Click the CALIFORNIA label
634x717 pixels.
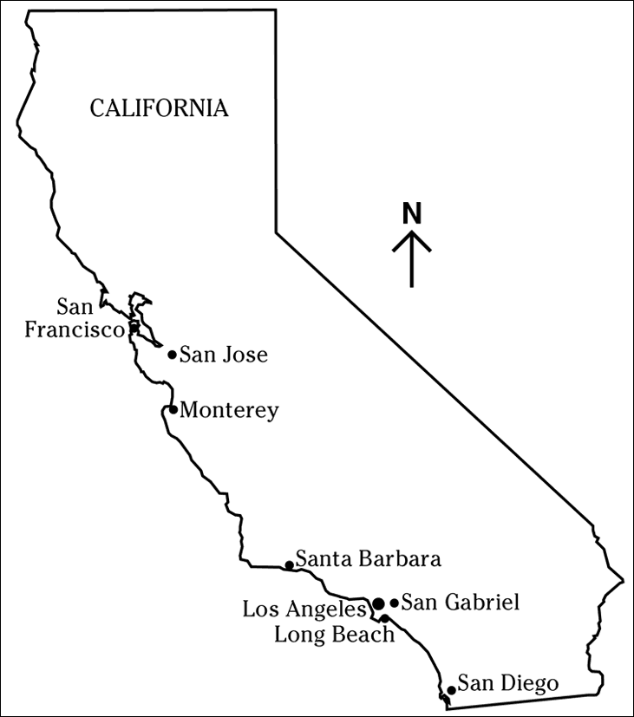160,108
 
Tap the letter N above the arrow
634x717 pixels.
412,214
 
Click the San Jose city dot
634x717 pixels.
172,354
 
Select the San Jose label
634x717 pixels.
223,355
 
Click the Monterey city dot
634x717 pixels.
173,409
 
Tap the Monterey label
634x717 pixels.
229,410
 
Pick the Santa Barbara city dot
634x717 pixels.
289,565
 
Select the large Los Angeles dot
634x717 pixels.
378,603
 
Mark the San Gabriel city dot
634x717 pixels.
395,603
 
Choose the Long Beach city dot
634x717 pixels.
384,618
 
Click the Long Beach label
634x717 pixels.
334,635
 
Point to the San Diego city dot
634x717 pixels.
451,690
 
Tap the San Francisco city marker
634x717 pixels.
134,328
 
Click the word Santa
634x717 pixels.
323,559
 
